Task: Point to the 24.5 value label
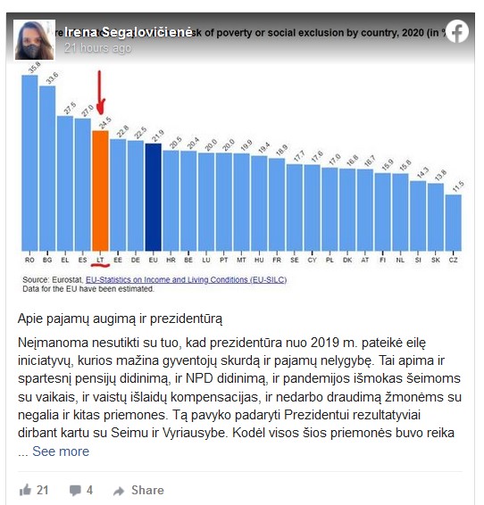pos(104,121)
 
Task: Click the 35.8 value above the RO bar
pos(33,65)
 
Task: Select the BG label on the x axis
pos(47,261)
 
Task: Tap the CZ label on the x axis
pos(454,261)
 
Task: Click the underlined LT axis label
pos(100,261)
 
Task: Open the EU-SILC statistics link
pos(179,280)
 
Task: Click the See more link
pos(61,451)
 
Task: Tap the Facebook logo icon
pos(457,32)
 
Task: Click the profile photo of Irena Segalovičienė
pos(35,38)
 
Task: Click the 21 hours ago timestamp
pos(97,48)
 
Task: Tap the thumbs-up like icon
pos(25,490)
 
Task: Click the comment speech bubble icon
pos(75,490)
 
